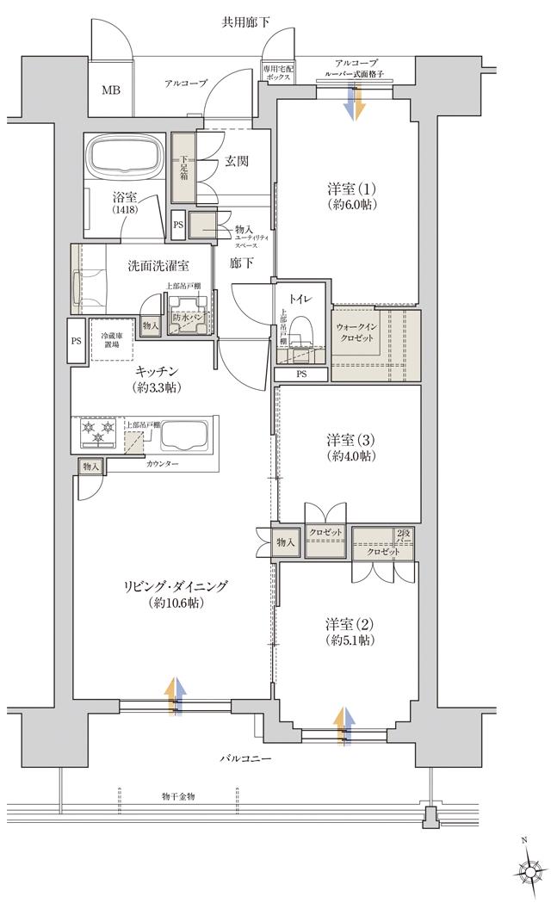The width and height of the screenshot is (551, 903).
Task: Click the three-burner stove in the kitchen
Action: coord(98,433)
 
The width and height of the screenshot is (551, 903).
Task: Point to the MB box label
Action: coord(112,90)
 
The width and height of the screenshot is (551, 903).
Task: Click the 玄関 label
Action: coord(238,160)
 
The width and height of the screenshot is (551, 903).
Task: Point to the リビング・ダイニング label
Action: coord(164,595)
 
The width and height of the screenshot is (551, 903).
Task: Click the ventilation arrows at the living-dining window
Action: coord(176,696)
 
